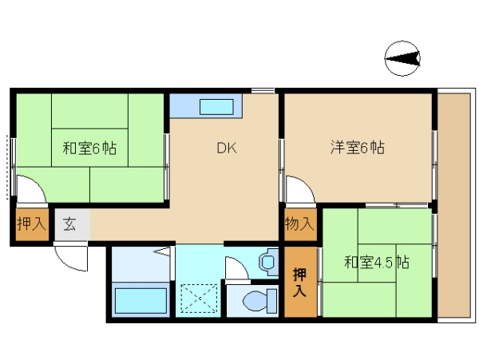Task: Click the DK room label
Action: pyautogui.click(x=227, y=148)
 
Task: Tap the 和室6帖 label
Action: pyautogui.click(x=89, y=148)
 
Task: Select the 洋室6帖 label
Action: pyautogui.click(x=358, y=148)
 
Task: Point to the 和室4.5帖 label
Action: pyautogui.click(x=377, y=263)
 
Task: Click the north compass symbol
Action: pyautogui.click(x=402, y=58)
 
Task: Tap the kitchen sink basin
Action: pyautogui.click(x=216, y=107)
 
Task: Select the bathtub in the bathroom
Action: pyautogui.click(x=141, y=300)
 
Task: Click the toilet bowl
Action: pyautogui.click(x=259, y=300)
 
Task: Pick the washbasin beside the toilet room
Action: pyautogui.click(x=268, y=262)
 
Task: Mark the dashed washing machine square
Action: pyautogui.click(x=199, y=299)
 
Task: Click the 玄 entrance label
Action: pyautogui.click(x=69, y=224)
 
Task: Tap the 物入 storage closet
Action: pyautogui.click(x=299, y=225)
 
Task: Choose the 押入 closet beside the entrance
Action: pyautogui.click(x=32, y=224)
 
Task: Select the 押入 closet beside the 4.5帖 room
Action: pyautogui.click(x=300, y=282)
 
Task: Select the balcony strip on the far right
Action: pyautogui.click(x=454, y=205)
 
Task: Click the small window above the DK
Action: pyautogui.click(x=263, y=90)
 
